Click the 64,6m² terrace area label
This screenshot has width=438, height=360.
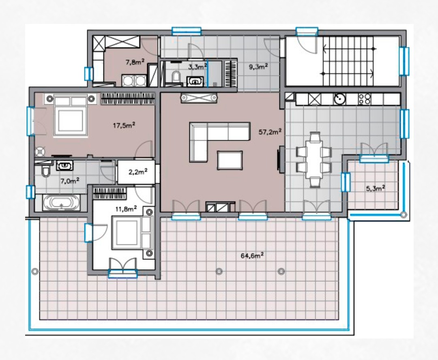pyautogui.click(x=252, y=255)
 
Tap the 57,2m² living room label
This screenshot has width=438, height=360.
pyautogui.click(x=270, y=131)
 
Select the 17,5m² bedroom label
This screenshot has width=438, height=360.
pyautogui.click(x=124, y=125)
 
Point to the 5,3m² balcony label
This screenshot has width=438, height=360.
pyautogui.click(x=376, y=188)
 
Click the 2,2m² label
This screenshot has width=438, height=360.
pyautogui.click(x=138, y=172)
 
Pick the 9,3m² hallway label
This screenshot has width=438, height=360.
pyautogui.click(x=258, y=66)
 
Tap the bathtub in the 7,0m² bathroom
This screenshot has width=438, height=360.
pyautogui.click(x=61, y=203)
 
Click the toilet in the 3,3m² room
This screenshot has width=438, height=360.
pyautogui.click(x=176, y=77)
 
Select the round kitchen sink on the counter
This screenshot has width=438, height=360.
pyautogui.click(x=339, y=99)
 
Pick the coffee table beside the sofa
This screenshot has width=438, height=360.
pyautogui.click(x=230, y=160)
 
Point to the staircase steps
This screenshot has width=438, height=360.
pyautogui.click(x=348, y=61)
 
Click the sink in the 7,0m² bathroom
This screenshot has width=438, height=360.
pyautogui.click(x=65, y=166)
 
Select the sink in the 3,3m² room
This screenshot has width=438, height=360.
pyautogui.click(x=195, y=81)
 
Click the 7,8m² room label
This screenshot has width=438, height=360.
pyautogui.click(x=135, y=62)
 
